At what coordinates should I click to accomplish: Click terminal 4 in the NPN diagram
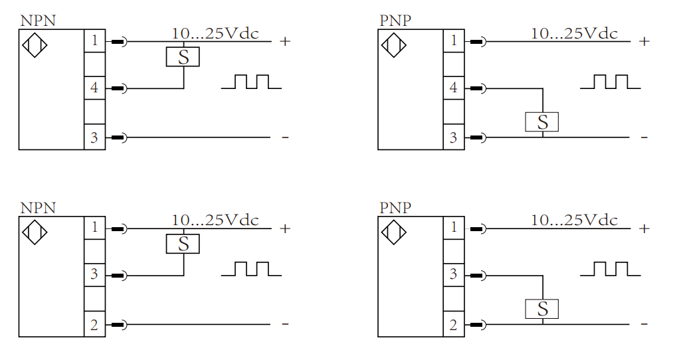94,88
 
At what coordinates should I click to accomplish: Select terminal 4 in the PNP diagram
453,88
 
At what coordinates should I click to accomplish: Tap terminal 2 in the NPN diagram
94,325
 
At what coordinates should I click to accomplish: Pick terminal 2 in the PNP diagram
453,325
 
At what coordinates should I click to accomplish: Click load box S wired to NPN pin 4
183,57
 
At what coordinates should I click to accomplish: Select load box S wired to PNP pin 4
542,122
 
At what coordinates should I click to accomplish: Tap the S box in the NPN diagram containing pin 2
183,244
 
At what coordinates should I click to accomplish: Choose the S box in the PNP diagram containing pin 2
542,309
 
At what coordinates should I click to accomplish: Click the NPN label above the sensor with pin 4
38,20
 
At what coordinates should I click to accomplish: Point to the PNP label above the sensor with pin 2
395,207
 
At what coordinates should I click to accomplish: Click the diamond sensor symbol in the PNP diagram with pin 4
393,46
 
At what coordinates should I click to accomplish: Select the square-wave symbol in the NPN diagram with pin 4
251,82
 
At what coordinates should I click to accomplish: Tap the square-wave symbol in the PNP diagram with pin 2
610,269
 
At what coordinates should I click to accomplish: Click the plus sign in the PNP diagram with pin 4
643,41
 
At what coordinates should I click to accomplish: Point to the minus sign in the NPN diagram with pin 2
285,324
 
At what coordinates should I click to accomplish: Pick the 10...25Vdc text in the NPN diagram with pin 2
215,220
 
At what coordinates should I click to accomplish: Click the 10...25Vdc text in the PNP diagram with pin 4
574,33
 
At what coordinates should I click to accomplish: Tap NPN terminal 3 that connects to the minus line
94,137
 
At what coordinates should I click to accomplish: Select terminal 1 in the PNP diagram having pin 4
453,41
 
